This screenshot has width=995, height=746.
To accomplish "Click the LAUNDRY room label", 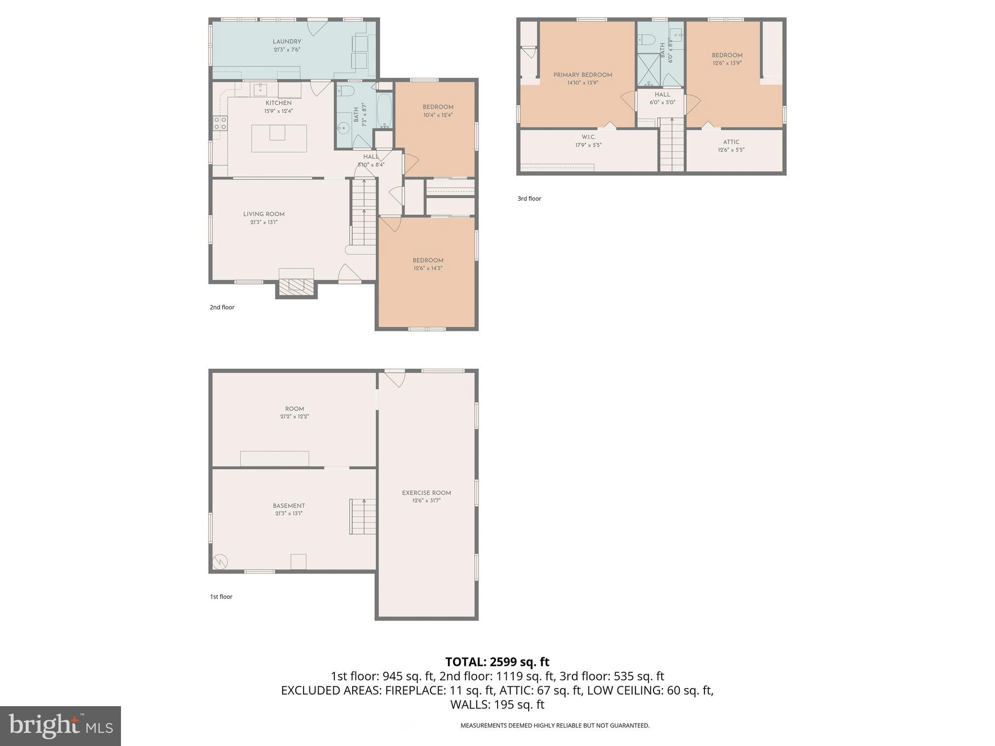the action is [x=287, y=42].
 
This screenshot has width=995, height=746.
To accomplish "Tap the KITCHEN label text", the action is [x=278, y=103].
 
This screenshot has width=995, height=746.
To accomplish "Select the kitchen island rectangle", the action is [x=279, y=139].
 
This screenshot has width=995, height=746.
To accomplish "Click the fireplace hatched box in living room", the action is [x=296, y=284].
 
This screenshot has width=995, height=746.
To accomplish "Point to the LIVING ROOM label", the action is [x=264, y=214].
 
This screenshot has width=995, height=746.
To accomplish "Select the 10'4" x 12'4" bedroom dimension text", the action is [x=438, y=115].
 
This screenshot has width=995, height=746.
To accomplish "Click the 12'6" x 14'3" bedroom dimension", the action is [x=428, y=268].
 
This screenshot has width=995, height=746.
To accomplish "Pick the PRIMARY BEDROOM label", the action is [x=583, y=75].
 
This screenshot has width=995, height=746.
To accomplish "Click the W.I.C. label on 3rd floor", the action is [x=588, y=137].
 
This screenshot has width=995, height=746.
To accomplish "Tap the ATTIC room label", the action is [x=731, y=142].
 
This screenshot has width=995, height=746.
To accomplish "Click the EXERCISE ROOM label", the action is [x=427, y=493].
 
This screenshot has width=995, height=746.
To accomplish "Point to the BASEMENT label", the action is [x=289, y=506].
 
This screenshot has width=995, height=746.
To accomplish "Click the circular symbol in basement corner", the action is [x=220, y=562].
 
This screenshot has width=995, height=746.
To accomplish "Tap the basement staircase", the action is [x=362, y=517].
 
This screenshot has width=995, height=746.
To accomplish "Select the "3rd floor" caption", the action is [x=529, y=199].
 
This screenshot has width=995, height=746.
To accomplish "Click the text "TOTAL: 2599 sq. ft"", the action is [x=497, y=662].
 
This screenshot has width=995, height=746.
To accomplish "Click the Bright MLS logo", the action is [x=60, y=726].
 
